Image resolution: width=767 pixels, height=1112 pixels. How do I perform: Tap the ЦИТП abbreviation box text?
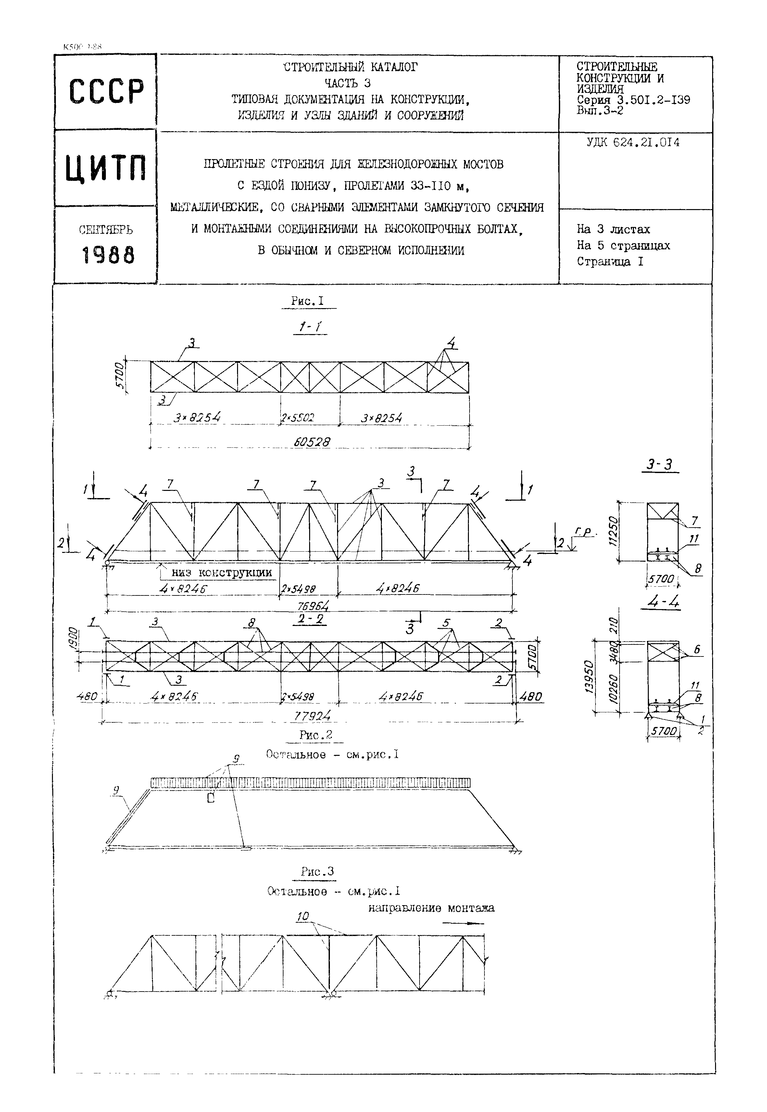pos(106,168)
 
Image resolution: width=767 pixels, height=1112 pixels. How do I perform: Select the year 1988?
pos(108,255)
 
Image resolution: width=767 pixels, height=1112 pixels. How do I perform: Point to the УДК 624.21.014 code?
pos(633,143)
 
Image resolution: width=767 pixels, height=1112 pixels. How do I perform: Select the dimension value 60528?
pos(312,441)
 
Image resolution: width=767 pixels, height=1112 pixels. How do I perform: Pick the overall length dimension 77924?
pos(312,716)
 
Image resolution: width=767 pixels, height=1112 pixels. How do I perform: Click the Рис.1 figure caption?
pos(308,301)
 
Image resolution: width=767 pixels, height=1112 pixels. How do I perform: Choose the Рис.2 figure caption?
pos(315,735)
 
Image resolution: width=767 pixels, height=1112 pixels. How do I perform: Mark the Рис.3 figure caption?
pos(317,871)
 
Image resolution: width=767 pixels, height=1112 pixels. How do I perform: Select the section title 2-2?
pos(310,619)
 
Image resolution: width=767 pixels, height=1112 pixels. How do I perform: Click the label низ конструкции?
pos(221,572)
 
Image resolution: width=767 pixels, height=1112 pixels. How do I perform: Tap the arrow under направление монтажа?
pos(462,923)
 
